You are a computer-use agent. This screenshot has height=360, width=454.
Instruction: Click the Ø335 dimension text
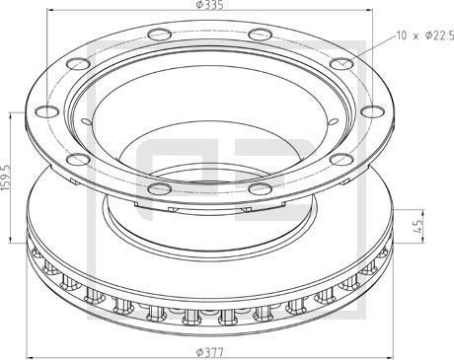click(206, 7)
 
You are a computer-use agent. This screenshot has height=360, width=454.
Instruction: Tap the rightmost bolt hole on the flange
click(367, 112)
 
